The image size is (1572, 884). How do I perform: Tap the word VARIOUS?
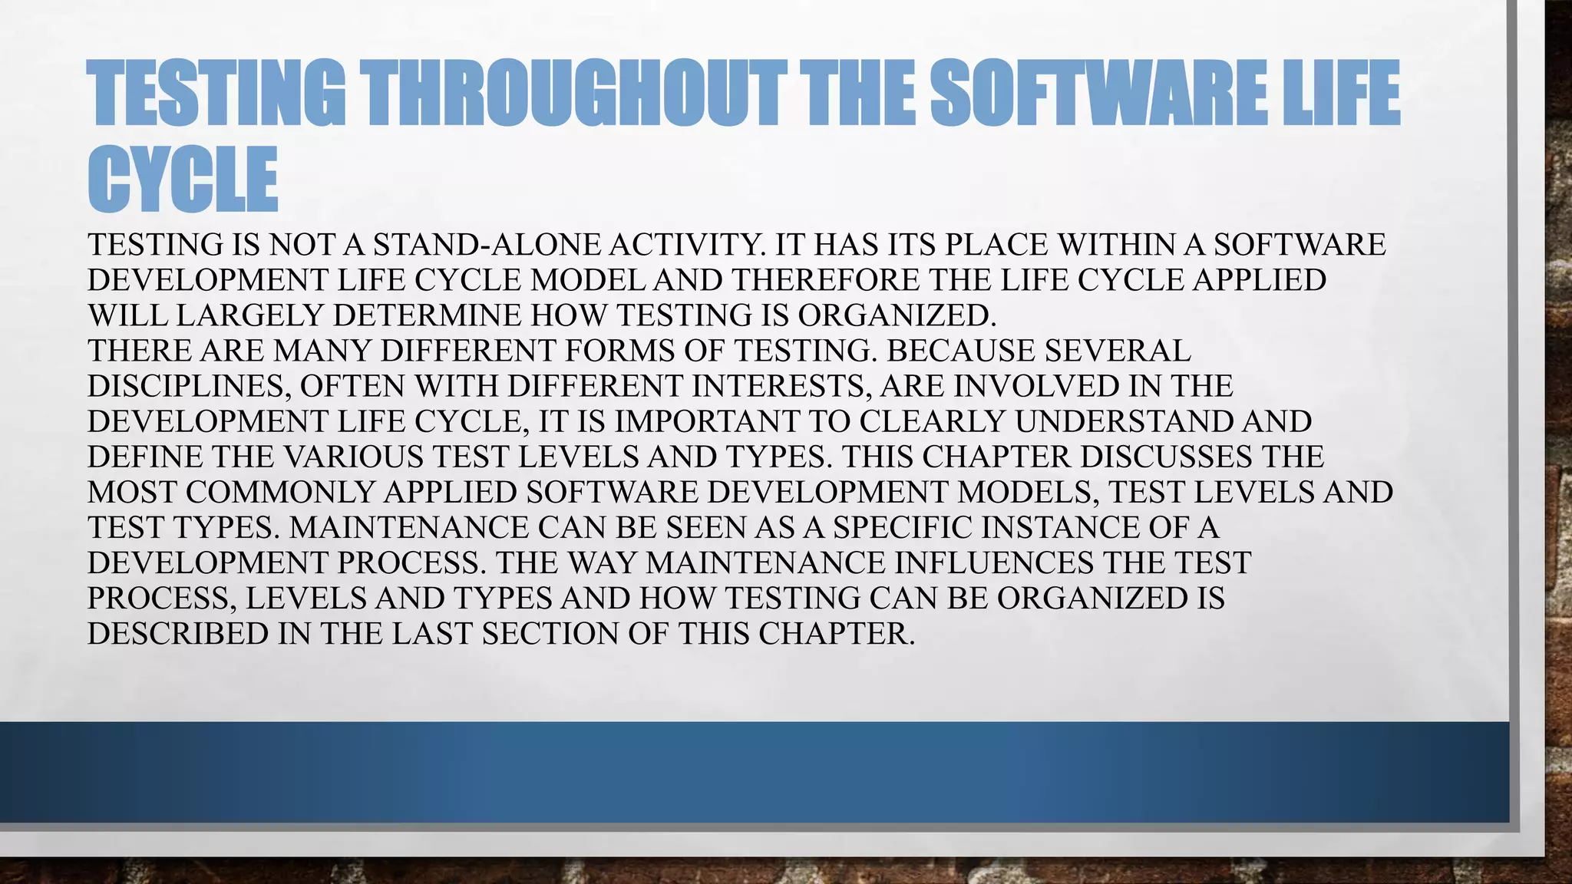[353, 457]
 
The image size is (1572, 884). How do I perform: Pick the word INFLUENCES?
[994, 562]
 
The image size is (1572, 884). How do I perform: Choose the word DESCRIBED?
[177, 634]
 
